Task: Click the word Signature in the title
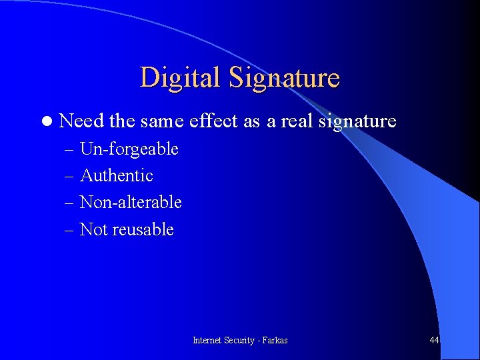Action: coord(284,78)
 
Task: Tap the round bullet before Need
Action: coord(45,121)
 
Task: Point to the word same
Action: coord(162,121)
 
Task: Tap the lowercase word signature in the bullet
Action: coord(357,121)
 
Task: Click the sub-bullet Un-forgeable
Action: coord(129,149)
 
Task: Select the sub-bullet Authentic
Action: coord(116,175)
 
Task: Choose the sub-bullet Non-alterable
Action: coord(131,202)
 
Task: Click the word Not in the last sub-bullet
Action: coord(93,229)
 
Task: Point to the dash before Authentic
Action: coord(71,176)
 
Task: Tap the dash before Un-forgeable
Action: coord(71,149)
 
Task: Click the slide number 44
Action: coord(434,340)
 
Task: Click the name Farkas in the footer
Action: coord(275,340)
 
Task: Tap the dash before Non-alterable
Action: coord(71,203)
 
